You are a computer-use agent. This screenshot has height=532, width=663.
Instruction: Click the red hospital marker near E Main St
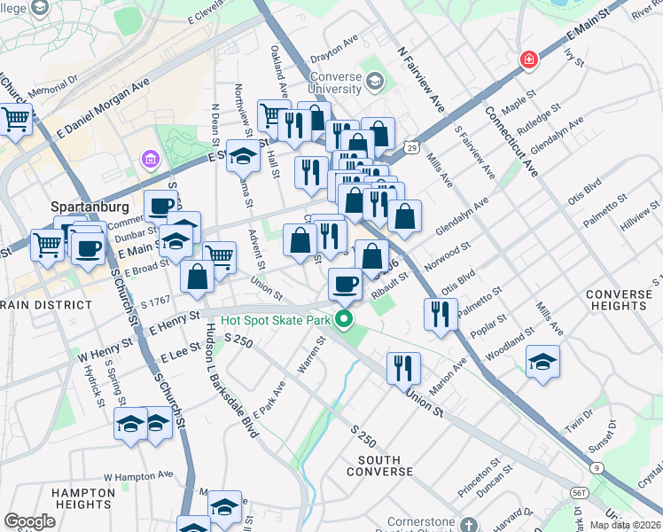pos(529,60)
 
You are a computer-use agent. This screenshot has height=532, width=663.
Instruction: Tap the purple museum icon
pos(149,160)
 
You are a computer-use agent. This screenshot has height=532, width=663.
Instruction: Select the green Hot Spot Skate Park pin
pos(346,321)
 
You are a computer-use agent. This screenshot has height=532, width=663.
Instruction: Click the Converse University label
pos(336,82)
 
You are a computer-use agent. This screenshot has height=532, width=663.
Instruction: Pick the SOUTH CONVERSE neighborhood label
pos(386,465)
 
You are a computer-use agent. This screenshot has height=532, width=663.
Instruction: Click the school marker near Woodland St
pos(542,363)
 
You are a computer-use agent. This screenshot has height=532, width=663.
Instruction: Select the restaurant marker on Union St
pos(403,366)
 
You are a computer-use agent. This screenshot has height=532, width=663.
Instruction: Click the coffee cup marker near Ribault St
pos(345,285)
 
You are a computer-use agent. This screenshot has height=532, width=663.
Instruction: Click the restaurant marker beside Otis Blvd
pos(441,313)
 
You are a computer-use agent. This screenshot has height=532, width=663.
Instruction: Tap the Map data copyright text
pos(628,525)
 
